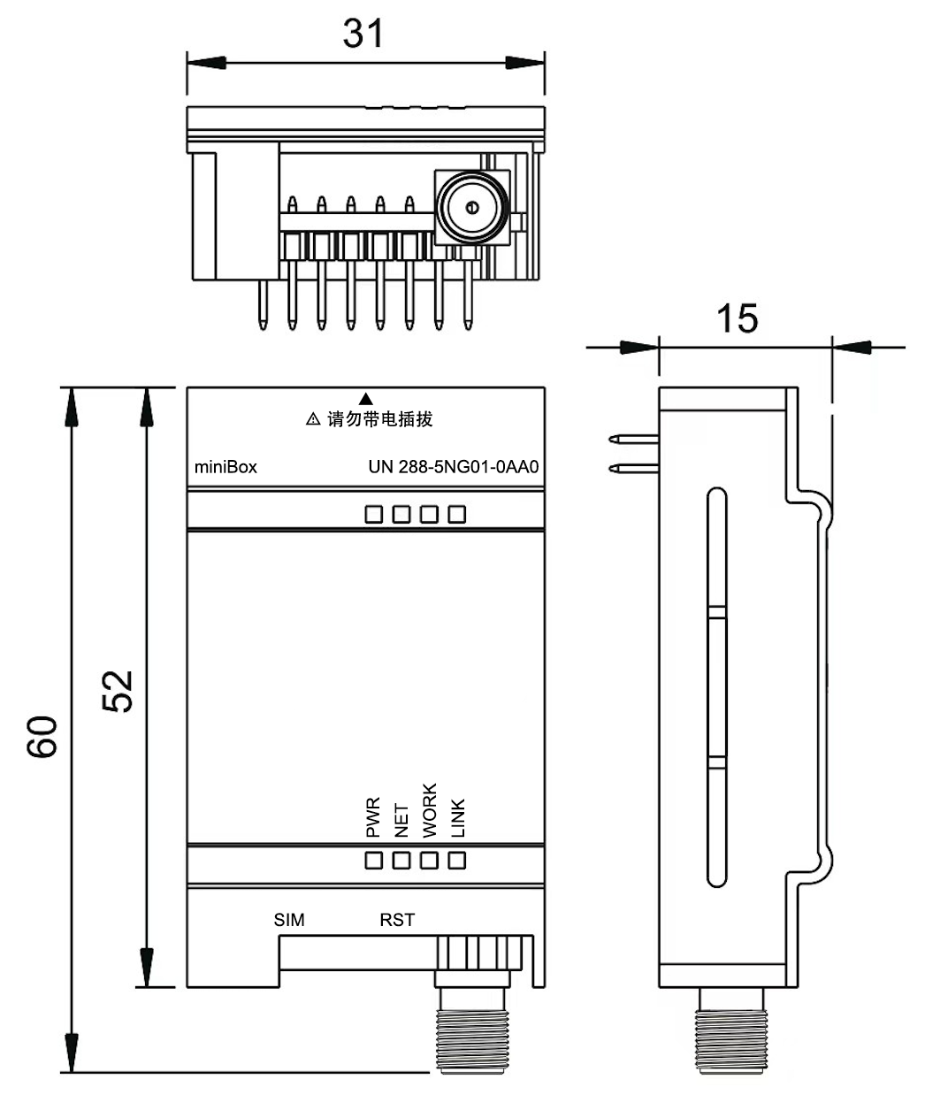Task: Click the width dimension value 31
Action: pyautogui.click(x=363, y=34)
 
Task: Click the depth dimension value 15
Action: pyautogui.click(x=737, y=318)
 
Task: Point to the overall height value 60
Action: pyautogui.click(x=42, y=736)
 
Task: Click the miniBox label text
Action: pyautogui.click(x=226, y=467)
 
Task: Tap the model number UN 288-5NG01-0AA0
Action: pyautogui.click(x=453, y=467)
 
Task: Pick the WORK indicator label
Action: pyautogui.click(x=430, y=810)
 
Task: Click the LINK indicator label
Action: pyautogui.click(x=458, y=818)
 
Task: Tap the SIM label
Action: pyautogui.click(x=289, y=920)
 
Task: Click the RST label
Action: pyautogui.click(x=397, y=920)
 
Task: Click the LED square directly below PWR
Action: pyautogui.click(x=374, y=860)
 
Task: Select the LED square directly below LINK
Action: pyautogui.click(x=457, y=860)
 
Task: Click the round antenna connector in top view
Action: pyautogui.click(x=470, y=208)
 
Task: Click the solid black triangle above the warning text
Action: pyautogui.click(x=366, y=399)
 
